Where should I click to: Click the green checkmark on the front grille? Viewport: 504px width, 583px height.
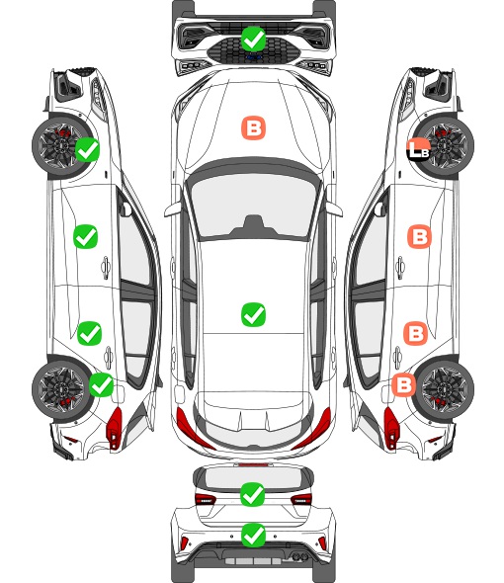(253, 39)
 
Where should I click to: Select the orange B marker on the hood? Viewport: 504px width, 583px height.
(254, 128)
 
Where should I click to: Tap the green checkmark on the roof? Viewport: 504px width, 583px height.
(253, 314)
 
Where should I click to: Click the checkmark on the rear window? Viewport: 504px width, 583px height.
(253, 494)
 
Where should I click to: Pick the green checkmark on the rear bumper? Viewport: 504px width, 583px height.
(253, 535)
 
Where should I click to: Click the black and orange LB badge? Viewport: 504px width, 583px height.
(418, 149)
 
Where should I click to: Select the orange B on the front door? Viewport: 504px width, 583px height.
(420, 236)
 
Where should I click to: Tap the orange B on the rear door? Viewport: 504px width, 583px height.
(415, 333)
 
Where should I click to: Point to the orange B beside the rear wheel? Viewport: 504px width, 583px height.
(404, 384)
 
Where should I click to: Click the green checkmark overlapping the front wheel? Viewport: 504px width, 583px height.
(87, 149)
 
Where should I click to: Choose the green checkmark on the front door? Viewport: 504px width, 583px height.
(86, 236)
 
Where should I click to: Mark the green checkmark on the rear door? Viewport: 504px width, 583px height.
(89, 333)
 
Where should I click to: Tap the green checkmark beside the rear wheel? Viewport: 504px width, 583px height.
(102, 384)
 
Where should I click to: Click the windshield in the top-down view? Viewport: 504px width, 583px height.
(253, 206)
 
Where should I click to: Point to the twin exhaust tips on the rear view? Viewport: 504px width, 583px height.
(299, 556)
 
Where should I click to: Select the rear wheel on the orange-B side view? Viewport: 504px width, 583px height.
(445, 389)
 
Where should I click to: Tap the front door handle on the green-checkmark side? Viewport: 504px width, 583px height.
(106, 267)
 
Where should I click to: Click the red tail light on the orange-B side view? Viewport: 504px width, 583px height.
(390, 427)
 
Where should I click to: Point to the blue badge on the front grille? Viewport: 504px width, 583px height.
(253, 57)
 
